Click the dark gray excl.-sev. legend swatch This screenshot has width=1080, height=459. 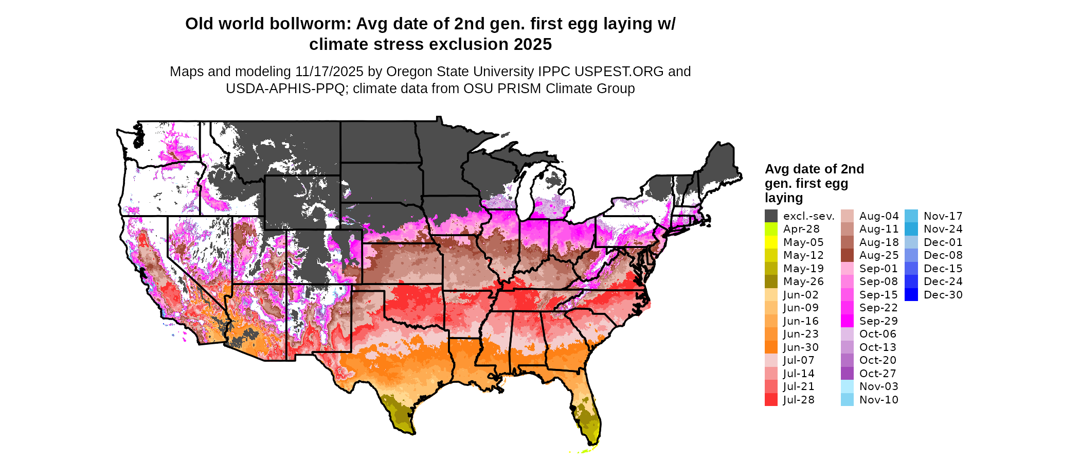click(771, 216)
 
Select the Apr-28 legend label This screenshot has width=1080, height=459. click(801, 229)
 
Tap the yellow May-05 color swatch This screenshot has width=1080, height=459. click(771, 242)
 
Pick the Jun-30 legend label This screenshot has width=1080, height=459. click(801, 347)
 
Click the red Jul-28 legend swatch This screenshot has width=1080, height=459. click(771, 400)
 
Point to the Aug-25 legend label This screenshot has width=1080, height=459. click(879, 255)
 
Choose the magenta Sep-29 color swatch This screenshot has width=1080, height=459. click(847, 321)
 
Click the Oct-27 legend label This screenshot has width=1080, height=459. click(878, 374)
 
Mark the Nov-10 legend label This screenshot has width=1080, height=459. click(879, 400)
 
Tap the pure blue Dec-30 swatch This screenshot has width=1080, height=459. click(911, 295)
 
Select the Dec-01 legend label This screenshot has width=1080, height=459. click(943, 242)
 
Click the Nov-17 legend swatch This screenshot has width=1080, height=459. click(911, 216)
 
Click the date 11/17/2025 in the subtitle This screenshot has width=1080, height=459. click(329, 72)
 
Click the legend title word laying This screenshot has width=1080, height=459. click(783, 198)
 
